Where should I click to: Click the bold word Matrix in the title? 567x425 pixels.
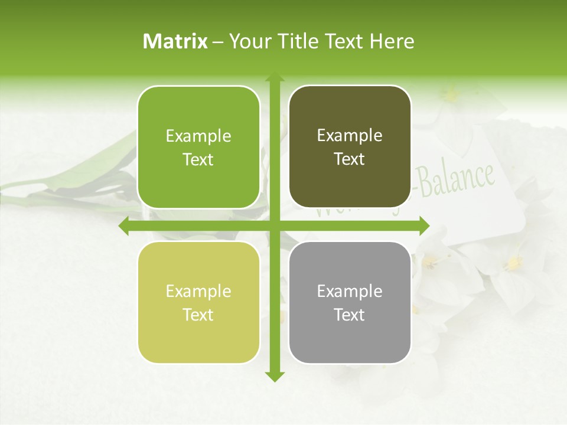point(175,41)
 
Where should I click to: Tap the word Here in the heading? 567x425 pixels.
point(392,41)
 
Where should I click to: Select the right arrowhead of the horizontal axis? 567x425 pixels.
point(424,226)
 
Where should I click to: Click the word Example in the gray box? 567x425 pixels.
point(350,291)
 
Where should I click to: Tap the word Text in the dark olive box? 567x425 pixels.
point(350,159)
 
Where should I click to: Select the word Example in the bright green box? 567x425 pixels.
point(198,136)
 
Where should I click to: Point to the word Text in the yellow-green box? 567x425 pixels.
point(198,315)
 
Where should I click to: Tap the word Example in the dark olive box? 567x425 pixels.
point(350,136)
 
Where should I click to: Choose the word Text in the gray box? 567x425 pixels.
point(350,315)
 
